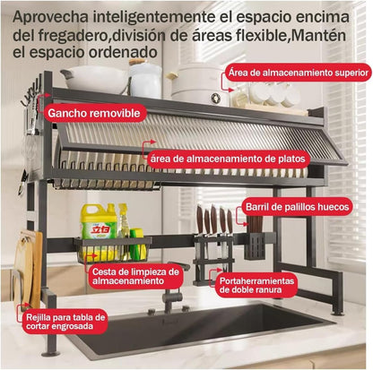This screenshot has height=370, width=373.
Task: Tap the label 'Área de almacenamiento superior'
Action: [x=296, y=71]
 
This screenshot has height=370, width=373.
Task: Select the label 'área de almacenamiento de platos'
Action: [x=228, y=159]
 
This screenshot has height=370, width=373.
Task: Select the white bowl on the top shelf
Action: [x=95, y=79]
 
